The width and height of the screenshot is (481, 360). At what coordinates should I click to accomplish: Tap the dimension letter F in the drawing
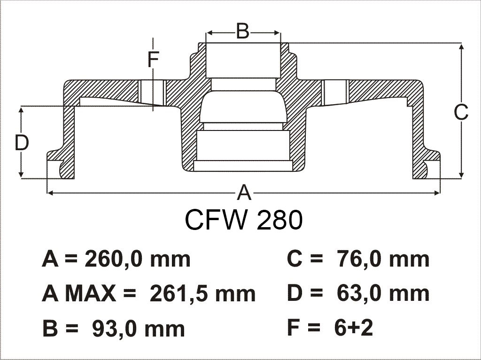click(153, 60)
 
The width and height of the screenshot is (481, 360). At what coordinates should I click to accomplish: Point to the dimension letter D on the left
click(22, 143)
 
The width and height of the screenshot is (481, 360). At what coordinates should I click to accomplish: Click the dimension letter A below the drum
click(244, 192)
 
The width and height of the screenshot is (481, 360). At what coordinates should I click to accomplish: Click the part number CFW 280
click(244, 220)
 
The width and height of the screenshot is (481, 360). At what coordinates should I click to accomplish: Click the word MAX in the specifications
click(92, 294)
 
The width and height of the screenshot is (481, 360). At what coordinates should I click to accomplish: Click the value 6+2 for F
click(353, 328)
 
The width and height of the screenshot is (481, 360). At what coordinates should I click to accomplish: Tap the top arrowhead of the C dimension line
click(461, 47)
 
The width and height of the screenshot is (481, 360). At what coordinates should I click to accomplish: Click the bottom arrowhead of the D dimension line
click(21, 174)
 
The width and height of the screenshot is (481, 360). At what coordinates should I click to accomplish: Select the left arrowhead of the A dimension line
click(50, 192)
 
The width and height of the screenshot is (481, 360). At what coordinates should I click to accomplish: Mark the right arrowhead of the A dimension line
click(437, 192)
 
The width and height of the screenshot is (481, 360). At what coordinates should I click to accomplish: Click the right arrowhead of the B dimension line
click(277, 32)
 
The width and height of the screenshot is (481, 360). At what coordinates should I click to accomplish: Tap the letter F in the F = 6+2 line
click(293, 328)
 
